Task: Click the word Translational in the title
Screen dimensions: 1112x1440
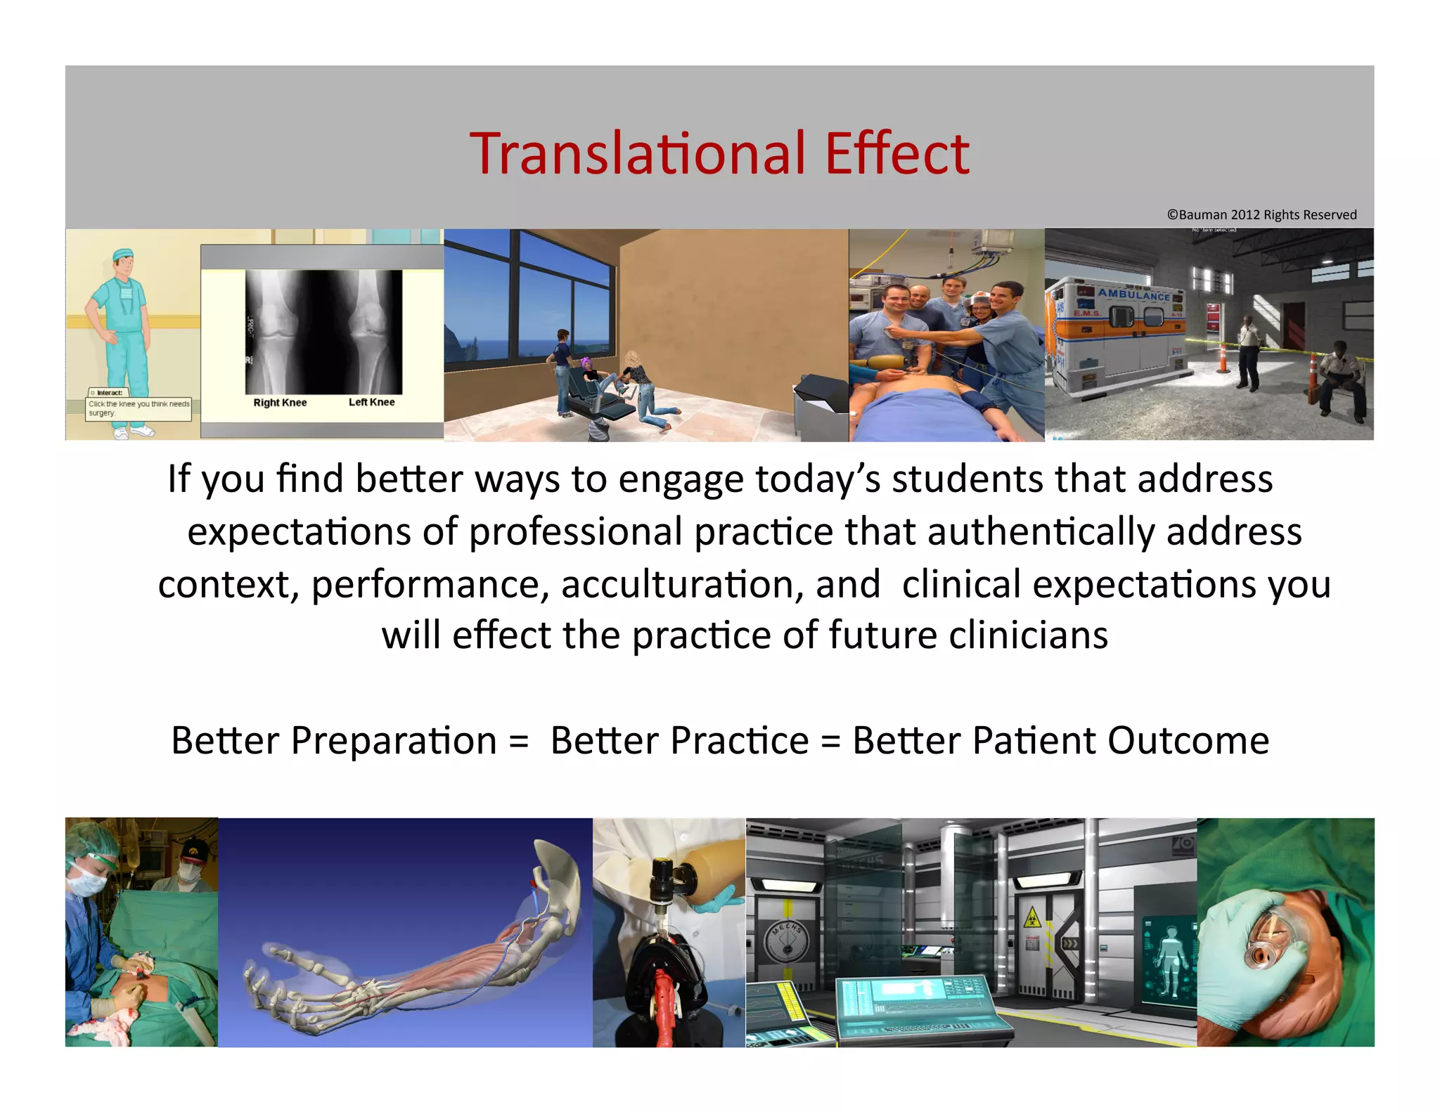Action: [637, 153]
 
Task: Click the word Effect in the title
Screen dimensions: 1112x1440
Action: [897, 153]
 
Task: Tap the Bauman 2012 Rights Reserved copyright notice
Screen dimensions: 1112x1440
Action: [1261, 215]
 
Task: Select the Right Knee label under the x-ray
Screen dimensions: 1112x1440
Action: [280, 403]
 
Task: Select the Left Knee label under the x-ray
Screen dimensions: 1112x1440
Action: [371, 402]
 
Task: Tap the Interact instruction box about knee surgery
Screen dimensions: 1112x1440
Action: [139, 405]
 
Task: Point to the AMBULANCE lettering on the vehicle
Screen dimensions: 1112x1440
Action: [1133, 295]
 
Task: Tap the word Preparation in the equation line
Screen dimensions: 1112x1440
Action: [394, 741]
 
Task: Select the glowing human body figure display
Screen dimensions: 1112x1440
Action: [1169, 959]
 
